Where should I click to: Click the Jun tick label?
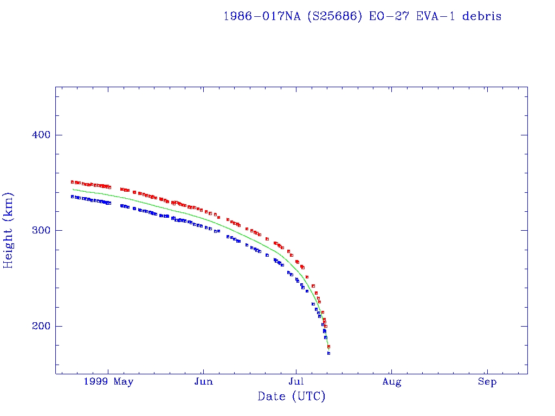[203, 382]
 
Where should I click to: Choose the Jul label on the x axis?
[296, 382]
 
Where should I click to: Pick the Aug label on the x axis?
[391, 382]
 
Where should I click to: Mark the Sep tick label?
[487, 382]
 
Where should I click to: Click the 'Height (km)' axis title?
[9, 230]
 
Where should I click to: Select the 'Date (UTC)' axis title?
[292, 396]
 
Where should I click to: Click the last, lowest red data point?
[328, 347]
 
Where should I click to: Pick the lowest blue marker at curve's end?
[328, 353]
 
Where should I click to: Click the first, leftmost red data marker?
[72, 182]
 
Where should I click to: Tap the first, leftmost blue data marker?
[72, 197]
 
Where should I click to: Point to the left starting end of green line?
[73, 189]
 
